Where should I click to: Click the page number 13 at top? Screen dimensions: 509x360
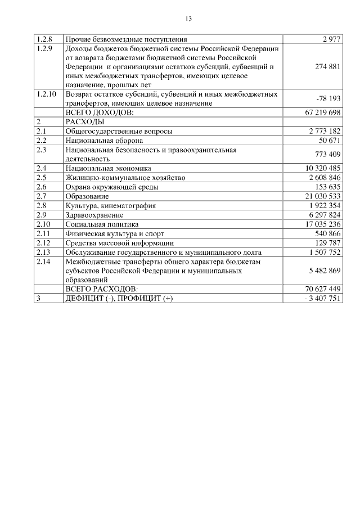189,19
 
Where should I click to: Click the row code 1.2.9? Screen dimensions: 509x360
44,49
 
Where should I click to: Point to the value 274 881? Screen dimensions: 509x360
327,66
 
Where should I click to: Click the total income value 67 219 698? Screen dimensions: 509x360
323,112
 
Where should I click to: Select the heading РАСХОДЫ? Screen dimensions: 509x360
85,121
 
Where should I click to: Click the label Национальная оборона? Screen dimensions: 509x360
104,140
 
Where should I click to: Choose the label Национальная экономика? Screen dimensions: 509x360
109,168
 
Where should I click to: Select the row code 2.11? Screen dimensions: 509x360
43,233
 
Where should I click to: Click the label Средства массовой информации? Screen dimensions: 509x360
119,242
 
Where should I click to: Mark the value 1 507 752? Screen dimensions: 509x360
325,252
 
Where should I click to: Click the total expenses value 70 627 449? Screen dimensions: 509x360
323,289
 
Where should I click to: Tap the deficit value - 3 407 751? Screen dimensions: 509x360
323,298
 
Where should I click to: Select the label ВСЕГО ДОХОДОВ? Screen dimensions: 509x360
100,112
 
